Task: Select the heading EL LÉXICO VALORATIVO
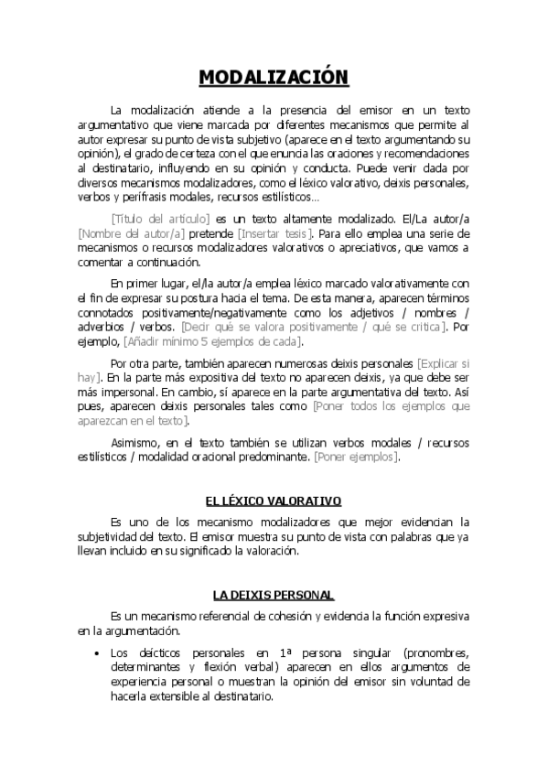click(274, 501)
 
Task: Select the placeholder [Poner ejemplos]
click(356, 457)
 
